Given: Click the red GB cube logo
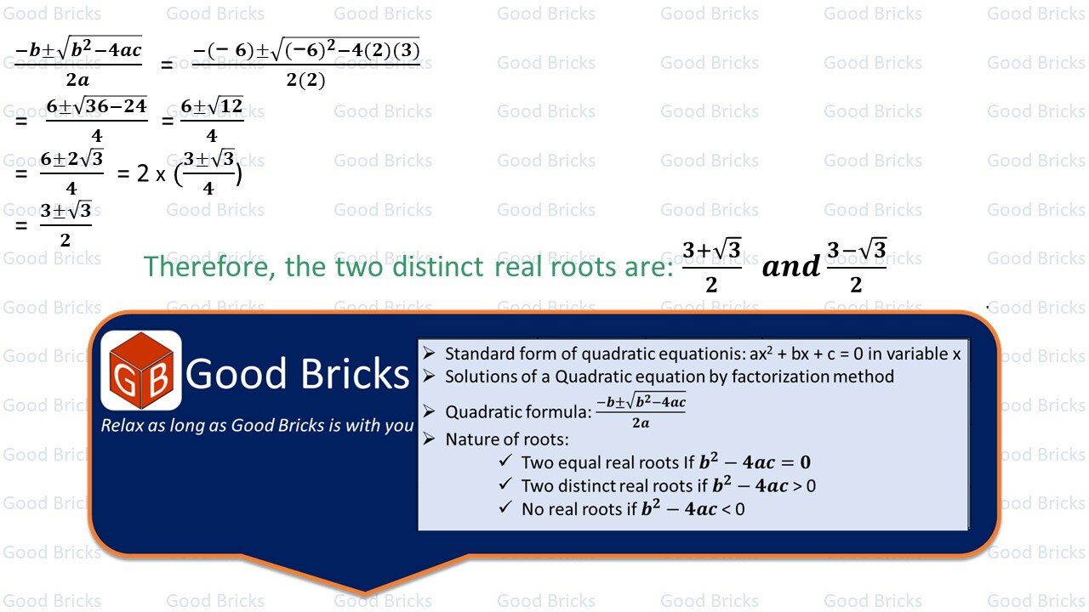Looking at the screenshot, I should [141, 371].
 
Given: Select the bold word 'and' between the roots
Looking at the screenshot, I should [790, 267].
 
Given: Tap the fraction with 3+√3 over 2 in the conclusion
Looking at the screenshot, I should [712, 266].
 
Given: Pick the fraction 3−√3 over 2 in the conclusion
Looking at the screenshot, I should [856, 266].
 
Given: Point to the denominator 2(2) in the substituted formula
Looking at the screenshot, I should [305, 82].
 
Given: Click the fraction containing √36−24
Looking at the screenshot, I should [96, 120].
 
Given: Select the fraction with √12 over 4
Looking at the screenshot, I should [212, 120].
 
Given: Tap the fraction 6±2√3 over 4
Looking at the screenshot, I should [71, 173].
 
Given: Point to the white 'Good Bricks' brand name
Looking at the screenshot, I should [298, 374].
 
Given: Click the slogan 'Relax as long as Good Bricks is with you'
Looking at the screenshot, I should [257, 425].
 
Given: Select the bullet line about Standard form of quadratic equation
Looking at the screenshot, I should [702, 354].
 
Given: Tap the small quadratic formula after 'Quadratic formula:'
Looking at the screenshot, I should [641, 411].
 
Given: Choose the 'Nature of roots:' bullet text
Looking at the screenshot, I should [506, 439].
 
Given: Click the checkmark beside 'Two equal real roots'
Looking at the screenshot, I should [506, 462].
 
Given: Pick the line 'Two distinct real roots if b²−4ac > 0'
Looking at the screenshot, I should [668, 485].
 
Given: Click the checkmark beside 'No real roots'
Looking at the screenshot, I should [506, 508].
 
